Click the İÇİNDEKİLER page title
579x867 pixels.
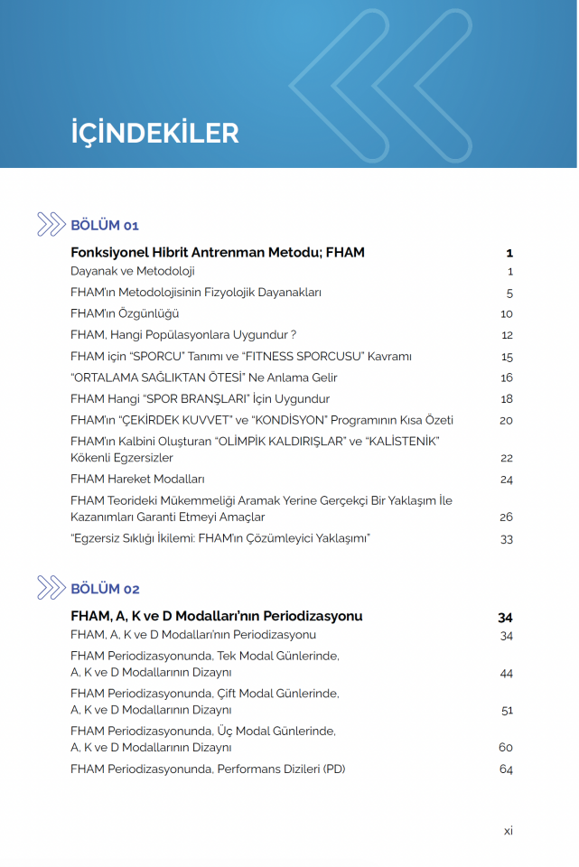click(x=154, y=133)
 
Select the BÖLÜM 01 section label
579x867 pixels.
click(x=105, y=226)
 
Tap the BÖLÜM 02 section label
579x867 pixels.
click(x=105, y=590)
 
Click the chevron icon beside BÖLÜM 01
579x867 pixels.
click(x=51, y=225)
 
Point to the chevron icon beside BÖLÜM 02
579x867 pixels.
click(x=51, y=589)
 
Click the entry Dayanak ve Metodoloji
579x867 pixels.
click(x=133, y=271)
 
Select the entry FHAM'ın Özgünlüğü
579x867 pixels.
click(x=125, y=313)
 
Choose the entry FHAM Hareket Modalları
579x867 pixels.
click(x=137, y=480)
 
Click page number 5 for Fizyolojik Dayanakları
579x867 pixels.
click(x=509, y=293)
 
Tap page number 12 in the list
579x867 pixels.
click(x=507, y=335)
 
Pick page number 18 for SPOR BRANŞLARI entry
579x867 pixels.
click(x=507, y=399)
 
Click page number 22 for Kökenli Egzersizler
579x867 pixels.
click(x=506, y=459)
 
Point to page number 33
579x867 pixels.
click(x=506, y=539)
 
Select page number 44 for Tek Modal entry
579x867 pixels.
click(x=506, y=674)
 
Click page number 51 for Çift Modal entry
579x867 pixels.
click(x=507, y=711)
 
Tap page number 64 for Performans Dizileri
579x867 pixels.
click(x=506, y=769)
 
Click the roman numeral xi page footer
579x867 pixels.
click(x=509, y=831)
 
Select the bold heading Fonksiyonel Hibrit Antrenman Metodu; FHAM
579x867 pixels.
click(x=218, y=253)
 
